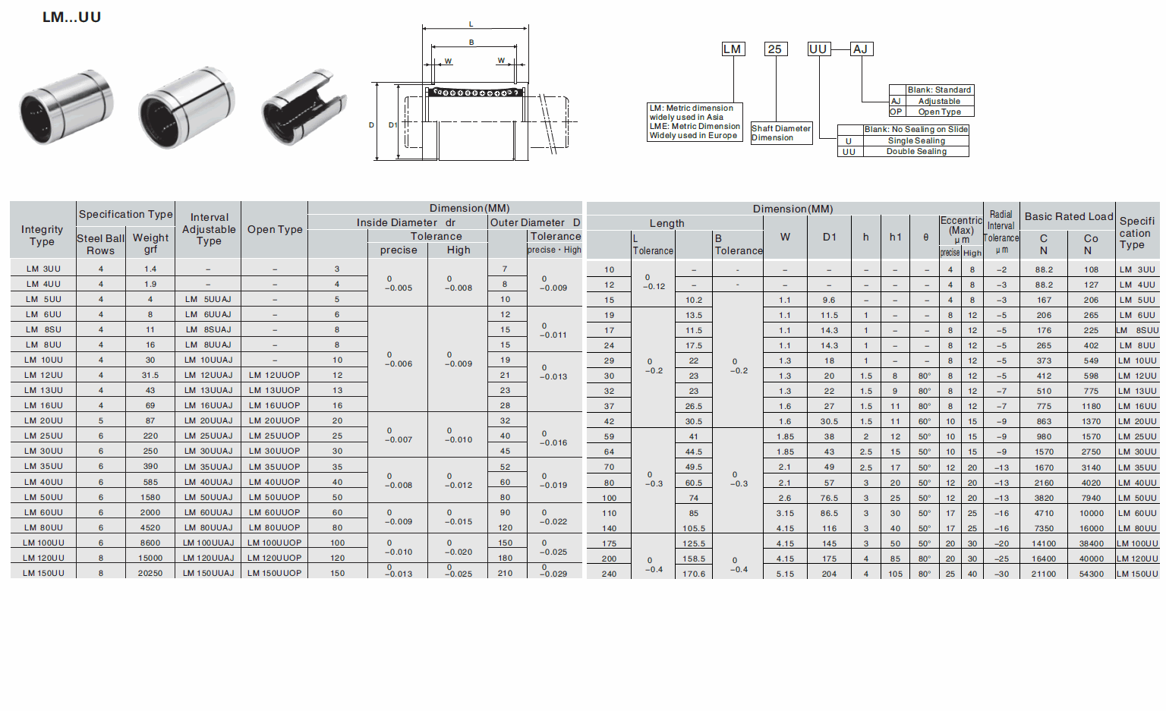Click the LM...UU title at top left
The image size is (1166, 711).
click(x=71, y=17)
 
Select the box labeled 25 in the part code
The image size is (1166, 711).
click(x=775, y=49)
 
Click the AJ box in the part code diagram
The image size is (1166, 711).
click(x=861, y=49)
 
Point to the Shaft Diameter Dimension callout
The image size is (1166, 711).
click(x=781, y=133)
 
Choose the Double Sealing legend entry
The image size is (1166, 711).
click(x=916, y=152)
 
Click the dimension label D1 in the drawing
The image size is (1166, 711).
click(x=393, y=125)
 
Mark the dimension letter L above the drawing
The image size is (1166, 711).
click(x=471, y=24)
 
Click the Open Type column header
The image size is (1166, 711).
click(x=275, y=229)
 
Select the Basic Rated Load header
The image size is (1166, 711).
click(x=1069, y=216)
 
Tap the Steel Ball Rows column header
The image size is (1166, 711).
click(x=101, y=244)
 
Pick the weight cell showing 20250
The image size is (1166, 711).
click(x=150, y=574)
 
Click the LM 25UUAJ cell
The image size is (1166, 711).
click(x=209, y=436)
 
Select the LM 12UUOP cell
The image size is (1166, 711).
click(x=275, y=376)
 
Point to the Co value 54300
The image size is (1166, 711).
click(x=1091, y=574)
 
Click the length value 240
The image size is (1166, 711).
click(x=609, y=574)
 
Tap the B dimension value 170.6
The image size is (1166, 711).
click(x=694, y=574)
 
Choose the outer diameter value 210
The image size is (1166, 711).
click(x=505, y=574)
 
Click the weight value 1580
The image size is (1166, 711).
click(x=150, y=498)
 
